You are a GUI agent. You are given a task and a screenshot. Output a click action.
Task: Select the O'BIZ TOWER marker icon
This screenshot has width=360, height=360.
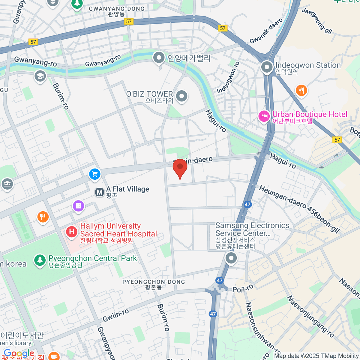[181, 96]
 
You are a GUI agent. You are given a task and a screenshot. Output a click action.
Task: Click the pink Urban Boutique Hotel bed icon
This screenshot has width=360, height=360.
[264, 116]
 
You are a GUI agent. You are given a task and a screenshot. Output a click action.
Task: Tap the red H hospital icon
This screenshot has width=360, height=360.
[72, 232]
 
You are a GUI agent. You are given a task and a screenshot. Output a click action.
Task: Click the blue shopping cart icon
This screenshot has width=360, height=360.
[95, 174]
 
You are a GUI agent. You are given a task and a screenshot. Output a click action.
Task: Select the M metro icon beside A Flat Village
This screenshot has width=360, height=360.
[99, 192]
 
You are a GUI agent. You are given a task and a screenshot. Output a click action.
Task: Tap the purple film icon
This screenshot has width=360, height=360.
[78, 206]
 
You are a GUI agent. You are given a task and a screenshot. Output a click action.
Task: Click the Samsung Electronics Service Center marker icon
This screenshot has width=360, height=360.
[231, 258]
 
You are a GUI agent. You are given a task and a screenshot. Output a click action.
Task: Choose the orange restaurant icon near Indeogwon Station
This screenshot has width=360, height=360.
[301, 90]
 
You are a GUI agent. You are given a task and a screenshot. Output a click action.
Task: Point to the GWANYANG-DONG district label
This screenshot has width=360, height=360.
[116, 9]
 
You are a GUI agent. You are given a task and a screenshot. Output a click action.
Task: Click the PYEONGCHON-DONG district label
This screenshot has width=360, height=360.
[154, 282]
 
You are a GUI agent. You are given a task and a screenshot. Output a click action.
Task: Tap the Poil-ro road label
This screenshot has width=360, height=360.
[243, 289]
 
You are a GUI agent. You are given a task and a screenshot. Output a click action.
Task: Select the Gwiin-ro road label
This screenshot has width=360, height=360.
[116, 315]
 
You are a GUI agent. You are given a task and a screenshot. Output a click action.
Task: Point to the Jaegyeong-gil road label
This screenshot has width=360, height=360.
[317, 21]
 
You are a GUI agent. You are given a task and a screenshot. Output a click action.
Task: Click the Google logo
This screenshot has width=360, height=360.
[19, 353]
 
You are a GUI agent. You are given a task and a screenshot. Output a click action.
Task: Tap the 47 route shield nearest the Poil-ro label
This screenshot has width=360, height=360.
[220, 280]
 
